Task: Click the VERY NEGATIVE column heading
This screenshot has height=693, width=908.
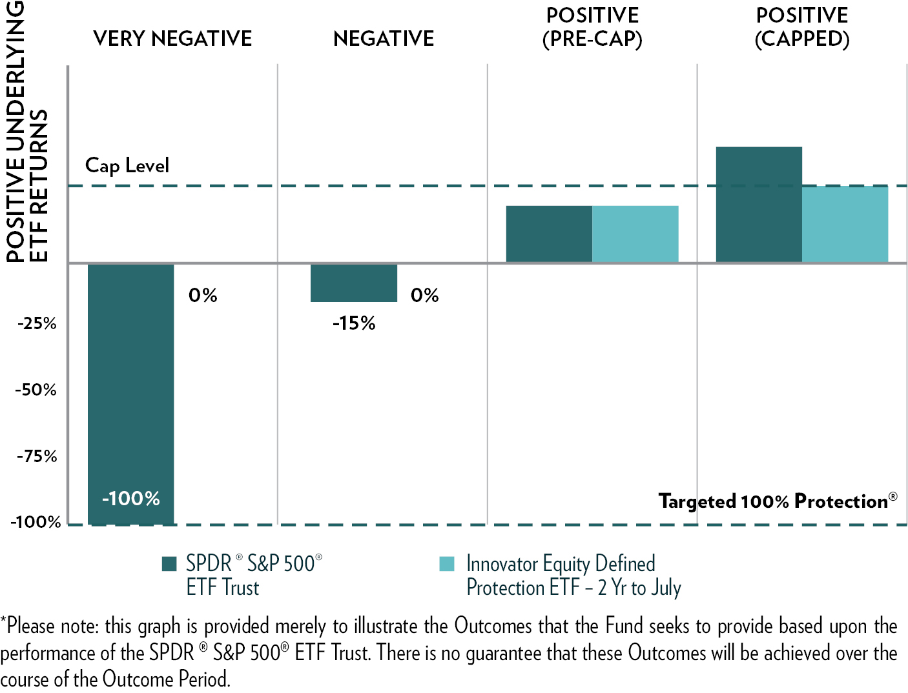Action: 172,39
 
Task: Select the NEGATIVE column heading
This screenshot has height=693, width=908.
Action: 384,39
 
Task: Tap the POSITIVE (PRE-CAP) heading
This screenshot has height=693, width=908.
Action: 592,27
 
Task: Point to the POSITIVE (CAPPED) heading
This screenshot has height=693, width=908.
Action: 802,27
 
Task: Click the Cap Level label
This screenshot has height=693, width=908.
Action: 127,166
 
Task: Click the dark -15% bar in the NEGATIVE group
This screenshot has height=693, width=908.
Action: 354,283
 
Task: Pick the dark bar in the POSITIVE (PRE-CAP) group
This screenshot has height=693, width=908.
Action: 549,234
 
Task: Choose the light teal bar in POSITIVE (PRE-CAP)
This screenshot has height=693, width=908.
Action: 635,234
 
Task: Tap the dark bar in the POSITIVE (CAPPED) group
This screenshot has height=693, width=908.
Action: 759,205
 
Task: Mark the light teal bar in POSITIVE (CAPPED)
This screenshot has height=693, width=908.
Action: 845,224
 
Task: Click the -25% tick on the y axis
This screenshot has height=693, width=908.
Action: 37,323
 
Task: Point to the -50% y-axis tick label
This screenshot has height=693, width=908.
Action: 37,390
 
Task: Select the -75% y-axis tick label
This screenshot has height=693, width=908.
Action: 37,457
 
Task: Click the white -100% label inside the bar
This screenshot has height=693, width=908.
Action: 131,499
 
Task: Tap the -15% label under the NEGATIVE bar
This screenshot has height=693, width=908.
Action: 354,323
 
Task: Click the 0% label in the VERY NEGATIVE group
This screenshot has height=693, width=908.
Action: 203,296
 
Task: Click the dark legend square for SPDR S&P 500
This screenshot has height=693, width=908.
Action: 169,564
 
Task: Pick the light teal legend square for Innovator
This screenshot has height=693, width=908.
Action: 447,564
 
